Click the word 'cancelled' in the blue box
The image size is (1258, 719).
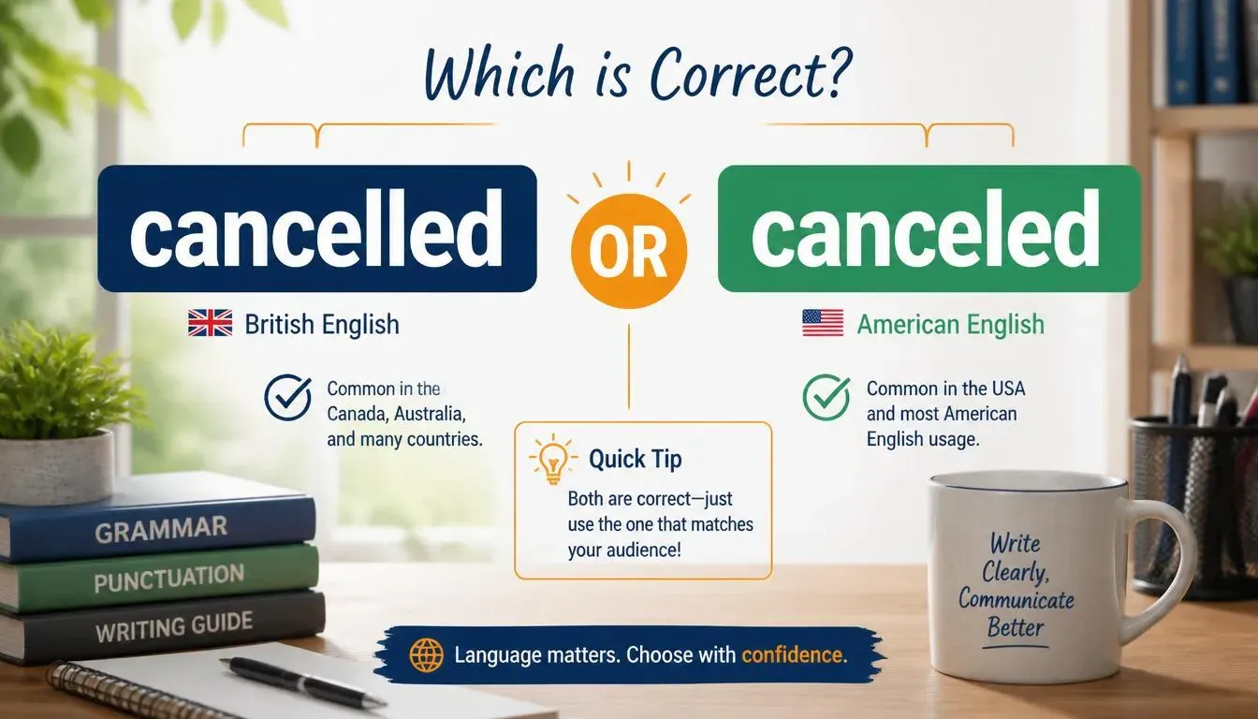click(x=316, y=228)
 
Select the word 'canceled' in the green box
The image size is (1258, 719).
click(x=925, y=228)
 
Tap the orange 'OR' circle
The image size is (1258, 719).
click(x=628, y=251)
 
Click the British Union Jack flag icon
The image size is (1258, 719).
click(x=210, y=323)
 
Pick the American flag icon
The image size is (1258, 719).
click(x=823, y=323)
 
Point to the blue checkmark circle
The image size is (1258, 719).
click(x=288, y=398)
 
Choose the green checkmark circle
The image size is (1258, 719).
click(x=826, y=398)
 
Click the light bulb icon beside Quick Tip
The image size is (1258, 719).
click(x=552, y=460)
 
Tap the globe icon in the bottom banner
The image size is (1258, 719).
click(x=426, y=655)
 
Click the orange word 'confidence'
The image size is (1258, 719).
click(x=794, y=655)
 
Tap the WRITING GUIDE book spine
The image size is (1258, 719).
click(x=168, y=626)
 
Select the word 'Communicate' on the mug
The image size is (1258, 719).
click(x=1016, y=599)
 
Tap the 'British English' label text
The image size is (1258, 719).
click(x=322, y=325)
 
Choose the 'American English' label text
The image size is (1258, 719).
click(x=951, y=325)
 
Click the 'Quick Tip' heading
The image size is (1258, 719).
click(x=636, y=460)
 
